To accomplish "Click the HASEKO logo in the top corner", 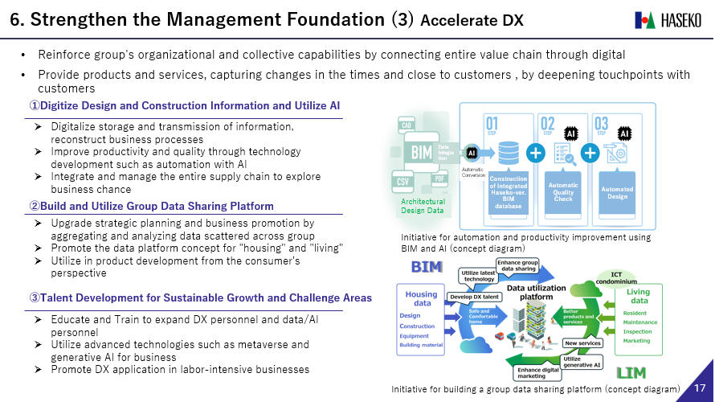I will click(x=668, y=19).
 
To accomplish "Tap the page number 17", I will click(x=699, y=388).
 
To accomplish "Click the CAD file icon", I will click(x=406, y=125).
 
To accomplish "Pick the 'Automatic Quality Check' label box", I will click(x=563, y=191).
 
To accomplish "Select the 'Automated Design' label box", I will click(x=617, y=191).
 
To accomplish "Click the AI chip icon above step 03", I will click(x=624, y=133).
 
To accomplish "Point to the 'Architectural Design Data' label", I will click(x=423, y=206).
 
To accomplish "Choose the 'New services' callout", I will click(x=583, y=343).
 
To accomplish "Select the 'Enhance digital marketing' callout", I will click(x=540, y=372).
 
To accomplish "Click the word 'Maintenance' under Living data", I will click(x=641, y=322).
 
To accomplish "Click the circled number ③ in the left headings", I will click(x=35, y=298).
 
